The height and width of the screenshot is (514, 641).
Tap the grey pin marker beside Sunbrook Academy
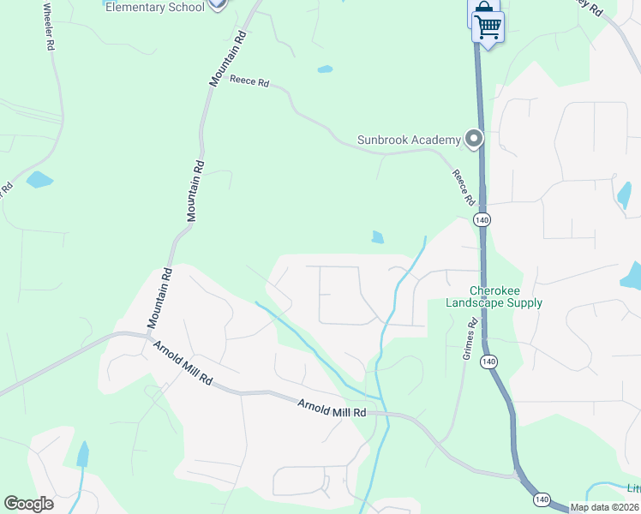(x=474, y=138)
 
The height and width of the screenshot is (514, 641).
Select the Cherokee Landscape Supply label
(x=494, y=296)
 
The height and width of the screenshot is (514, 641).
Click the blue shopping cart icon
(x=488, y=27)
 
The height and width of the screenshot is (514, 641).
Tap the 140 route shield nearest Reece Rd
(x=483, y=220)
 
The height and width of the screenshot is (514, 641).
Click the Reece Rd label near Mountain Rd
(x=249, y=82)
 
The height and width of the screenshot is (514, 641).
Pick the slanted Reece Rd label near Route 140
(x=464, y=186)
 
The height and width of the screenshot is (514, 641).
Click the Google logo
(x=28, y=504)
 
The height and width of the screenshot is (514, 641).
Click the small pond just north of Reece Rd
(x=325, y=69)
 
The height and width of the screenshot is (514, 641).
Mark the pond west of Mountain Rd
(x=39, y=180)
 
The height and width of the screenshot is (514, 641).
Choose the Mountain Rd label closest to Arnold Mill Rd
(x=160, y=297)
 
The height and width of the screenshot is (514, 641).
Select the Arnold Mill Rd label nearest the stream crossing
(x=332, y=409)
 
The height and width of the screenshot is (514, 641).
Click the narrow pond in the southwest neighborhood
(x=82, y=453)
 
